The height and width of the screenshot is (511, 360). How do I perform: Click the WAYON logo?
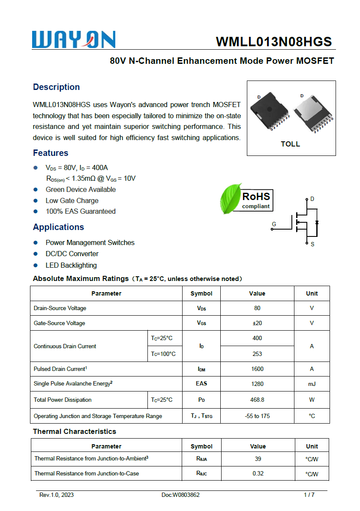tap(74, 39)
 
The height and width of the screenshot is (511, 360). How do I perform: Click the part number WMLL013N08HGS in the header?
tap(274, 42)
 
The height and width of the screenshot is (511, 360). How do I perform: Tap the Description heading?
tap(56, 87)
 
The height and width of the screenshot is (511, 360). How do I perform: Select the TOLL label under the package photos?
tap(290, 144)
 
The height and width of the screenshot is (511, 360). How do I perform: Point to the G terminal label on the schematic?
tap(274, 224)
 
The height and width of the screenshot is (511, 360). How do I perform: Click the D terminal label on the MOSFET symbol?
tap(312, 199)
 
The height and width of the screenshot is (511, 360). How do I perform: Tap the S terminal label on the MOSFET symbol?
tap(312, 244)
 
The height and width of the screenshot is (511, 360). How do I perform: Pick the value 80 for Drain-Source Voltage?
tap(257, 308)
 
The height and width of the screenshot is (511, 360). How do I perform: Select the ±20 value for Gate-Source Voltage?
tap(257, 323)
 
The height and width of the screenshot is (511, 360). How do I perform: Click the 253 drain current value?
tap(257, 354)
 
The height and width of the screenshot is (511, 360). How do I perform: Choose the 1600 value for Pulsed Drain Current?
tap(257, 369)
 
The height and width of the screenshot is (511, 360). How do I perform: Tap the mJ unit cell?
tap(312, 384)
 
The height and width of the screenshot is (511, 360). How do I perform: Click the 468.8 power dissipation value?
tap(257, 400)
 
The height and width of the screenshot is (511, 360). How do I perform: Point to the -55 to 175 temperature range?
tap(257, 416)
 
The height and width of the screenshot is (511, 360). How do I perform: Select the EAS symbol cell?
tap(201, 384)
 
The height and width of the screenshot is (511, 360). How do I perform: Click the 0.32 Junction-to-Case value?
tap(258, 473)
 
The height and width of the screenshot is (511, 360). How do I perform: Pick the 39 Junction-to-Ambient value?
tap(258, 458)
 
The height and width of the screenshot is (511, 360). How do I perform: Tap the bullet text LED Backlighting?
tap(71, 265)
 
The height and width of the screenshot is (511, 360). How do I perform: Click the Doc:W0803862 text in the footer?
tap(180, 495)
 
